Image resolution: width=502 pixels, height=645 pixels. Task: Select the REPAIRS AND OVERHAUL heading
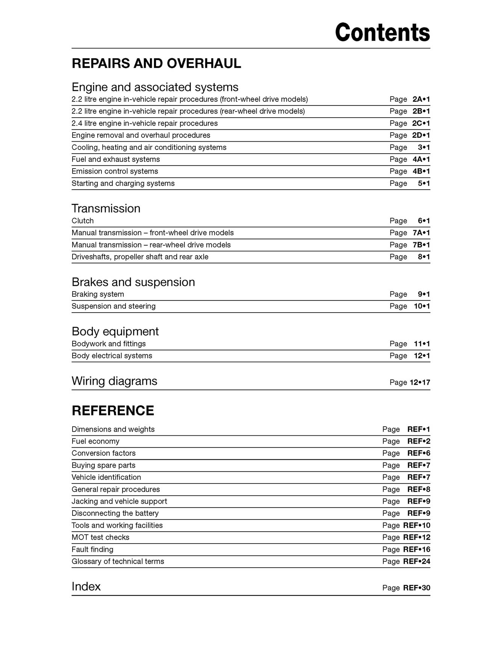pyautogui.click(x=156, y=63)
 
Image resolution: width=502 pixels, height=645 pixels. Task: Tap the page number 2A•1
pyautogui.click(x=421, y=99)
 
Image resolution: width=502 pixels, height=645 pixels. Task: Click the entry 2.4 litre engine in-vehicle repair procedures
pyautogui.click(x=145, y=123)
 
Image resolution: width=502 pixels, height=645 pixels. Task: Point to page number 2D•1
pyautogui.click(x=421, y=135)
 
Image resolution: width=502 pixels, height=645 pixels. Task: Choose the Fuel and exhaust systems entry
pyautogui.click(x=116, y=159)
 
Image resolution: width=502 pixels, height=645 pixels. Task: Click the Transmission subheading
pyautogui.click(x=106, y=208)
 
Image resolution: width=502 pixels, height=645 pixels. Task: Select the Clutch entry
pyautogui.click(x=83, y=221)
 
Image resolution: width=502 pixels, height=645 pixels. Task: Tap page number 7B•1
pyautogui.click(x=421, y=245)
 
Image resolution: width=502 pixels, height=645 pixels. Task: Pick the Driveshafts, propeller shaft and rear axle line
pyautogui.click(x=140, y=257)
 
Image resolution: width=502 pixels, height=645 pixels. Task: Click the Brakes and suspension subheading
pyautogui.click(x=133, y=282)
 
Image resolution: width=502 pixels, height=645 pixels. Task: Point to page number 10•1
pyautogui.click(x=422, y=306)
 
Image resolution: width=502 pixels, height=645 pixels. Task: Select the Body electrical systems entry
pyautogui.click(x=112, y=356)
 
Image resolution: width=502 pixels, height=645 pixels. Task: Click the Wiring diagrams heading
pyautogui.click(x=114, y=381)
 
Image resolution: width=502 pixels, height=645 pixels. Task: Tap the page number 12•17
pyautogui.click(x=420, y=382)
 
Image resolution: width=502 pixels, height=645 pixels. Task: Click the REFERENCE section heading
pyautogui.click(x=113, y=411)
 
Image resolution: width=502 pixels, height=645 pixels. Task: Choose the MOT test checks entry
pyautogui.click(x=100, y=537)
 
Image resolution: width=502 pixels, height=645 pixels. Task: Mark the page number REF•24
pyautogui.click(x=417, y=561)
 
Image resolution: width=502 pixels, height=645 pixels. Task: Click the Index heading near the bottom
pyautogui.click(x=86, y=586)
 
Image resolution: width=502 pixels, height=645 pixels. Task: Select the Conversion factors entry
pyautogui.click(x=104, y=453)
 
